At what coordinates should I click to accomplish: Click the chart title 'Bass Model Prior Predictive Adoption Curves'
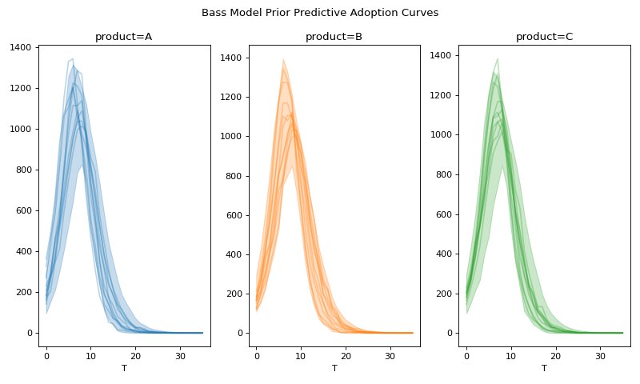pos(320,13)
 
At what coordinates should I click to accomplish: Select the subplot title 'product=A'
pos(124,37)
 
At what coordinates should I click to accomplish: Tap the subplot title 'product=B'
pos(334,37)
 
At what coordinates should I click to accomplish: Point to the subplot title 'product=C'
pos(544,37)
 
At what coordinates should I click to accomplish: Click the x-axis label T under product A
pos(124,369)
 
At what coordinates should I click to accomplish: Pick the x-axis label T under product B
pos(334,369)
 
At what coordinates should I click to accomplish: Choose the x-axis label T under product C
pos(544,369)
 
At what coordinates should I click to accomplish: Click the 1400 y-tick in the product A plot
pos(21,48)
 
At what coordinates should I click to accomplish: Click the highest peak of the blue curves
pos(72,58)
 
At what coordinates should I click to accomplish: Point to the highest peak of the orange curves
pos(283,59)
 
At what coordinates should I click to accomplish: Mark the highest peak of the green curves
pos(498,58)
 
